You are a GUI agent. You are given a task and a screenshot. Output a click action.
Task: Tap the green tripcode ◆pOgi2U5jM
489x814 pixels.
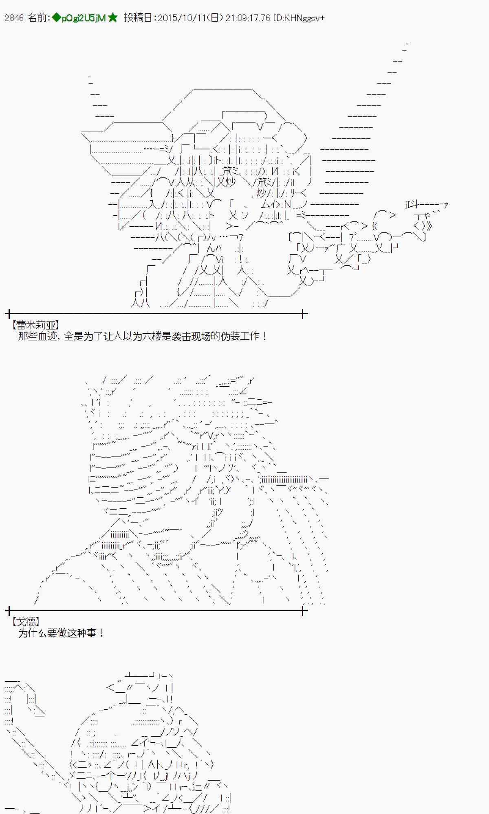point(79,18)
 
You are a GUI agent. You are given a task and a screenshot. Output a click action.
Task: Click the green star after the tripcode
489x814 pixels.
point(113,18)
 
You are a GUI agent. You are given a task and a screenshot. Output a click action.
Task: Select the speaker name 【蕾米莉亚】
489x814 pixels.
point(36,325)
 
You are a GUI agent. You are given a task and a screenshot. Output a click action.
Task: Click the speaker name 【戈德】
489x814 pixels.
point(26,621)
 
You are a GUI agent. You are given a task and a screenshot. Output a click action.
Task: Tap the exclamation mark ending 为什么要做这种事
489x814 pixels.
point(101,633)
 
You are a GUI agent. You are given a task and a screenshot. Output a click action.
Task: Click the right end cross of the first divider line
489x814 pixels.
point(303,314)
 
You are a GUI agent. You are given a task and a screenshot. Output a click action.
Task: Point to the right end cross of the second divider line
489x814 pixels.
point(303,610)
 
